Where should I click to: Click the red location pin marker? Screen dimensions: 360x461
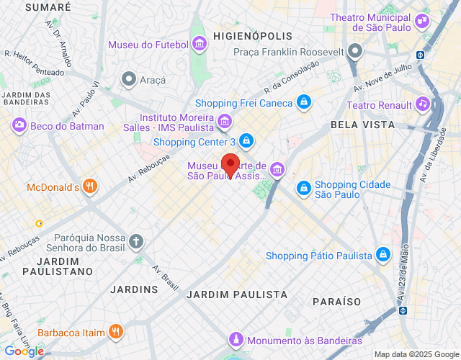point(230,165)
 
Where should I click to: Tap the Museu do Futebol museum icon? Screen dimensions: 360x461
point(200,45)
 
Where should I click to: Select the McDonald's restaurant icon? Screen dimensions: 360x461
point(90,187)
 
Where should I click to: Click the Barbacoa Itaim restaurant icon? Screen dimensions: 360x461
point(115,332)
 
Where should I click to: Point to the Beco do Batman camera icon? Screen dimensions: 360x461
point(19,126)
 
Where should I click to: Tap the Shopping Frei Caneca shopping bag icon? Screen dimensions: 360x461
point(305,102)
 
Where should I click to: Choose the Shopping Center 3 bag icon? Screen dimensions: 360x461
point(246,140)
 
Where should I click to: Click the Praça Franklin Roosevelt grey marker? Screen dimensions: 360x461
point(354,51)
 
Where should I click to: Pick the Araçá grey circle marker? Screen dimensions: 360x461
point(129,78)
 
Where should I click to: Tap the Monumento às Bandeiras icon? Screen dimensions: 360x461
point(235,339)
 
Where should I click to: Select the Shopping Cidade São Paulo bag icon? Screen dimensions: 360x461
point(304,189)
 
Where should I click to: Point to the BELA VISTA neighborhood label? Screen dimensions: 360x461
point(362,125)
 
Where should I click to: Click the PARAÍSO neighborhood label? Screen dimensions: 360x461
point(336,301)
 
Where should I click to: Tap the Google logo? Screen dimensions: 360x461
point(23,351)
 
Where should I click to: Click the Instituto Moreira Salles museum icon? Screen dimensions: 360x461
point(225,121)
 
